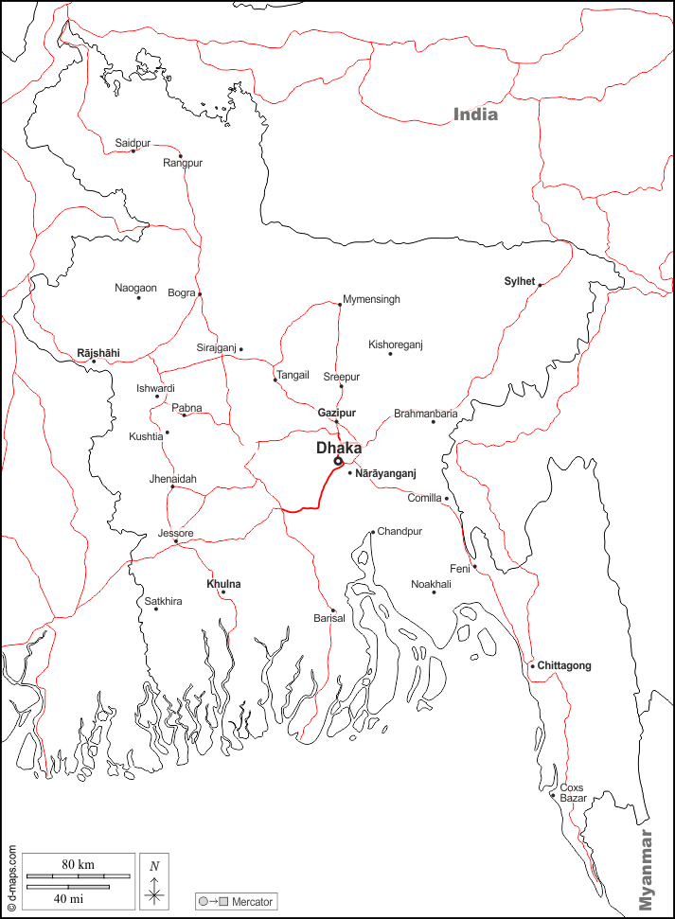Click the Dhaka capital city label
338,448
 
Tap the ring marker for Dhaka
338,462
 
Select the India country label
475,115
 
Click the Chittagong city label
564,665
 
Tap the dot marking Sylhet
540,285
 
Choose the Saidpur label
133,143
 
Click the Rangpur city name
183,163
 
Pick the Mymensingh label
371,299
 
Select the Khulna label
223,584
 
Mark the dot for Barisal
332,610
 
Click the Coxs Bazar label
573,793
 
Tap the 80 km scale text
79,865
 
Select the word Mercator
252,902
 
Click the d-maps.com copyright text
11,878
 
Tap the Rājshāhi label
98,353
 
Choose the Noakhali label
431,584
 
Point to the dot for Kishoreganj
390,354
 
